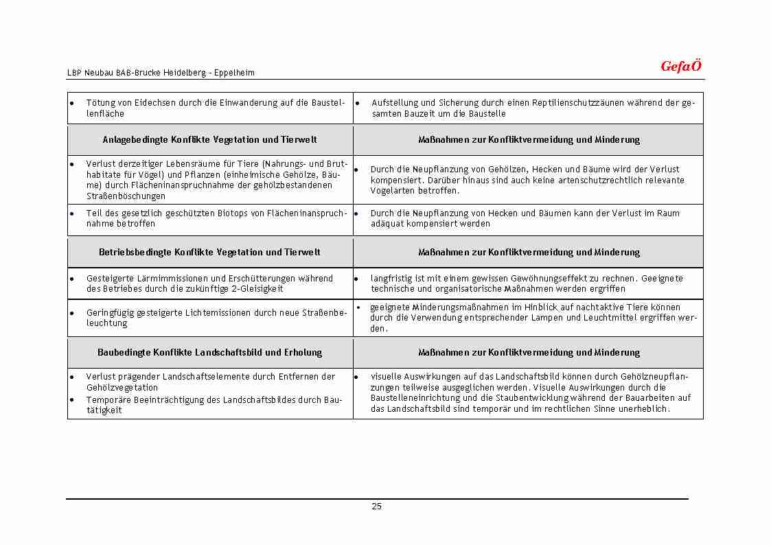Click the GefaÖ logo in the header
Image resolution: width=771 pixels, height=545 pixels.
[x=680, y=67]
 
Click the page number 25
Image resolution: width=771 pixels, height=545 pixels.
[x=376, y=507]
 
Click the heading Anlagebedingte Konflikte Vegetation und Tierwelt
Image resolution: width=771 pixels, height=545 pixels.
[x=209, y=139]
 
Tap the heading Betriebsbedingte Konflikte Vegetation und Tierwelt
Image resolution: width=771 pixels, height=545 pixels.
[x=209, y=252]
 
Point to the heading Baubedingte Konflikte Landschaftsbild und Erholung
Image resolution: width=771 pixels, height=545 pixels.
[x=209, y=352]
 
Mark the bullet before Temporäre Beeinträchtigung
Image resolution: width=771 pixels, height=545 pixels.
[x=72, y=399]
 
